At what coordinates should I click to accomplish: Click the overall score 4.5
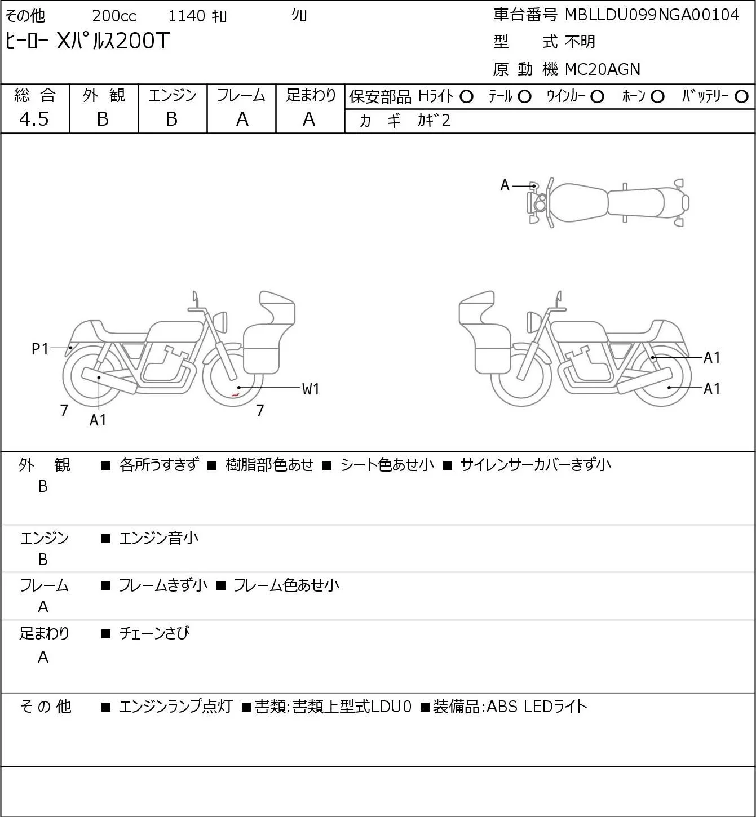tap(34, 119)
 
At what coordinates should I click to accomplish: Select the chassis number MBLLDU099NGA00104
tap(652, 15)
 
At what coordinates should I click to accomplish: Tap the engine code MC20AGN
tap(603, 69)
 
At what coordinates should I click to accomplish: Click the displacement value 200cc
tap(114, 16)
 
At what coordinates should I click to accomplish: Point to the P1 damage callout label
tap(40, 349)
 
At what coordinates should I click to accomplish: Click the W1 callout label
tap(311, 389)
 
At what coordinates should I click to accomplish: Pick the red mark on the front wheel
tap(236, 395)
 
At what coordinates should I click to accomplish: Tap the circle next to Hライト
tap(466, 97)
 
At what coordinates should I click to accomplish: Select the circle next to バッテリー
tap(741, 97)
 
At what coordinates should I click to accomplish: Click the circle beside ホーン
tap(657, 97)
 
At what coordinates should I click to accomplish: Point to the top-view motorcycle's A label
tap(505, 185)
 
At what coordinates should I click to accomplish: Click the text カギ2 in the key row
tap(434, 121)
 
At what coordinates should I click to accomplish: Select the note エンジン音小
tap(158, 538)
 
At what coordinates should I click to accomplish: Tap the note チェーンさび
tap(154, 633)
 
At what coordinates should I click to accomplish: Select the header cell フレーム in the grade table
tap(241, 95)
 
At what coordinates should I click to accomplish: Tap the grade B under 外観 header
tap(103, 119)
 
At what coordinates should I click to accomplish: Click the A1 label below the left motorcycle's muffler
tap(98, 420)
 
